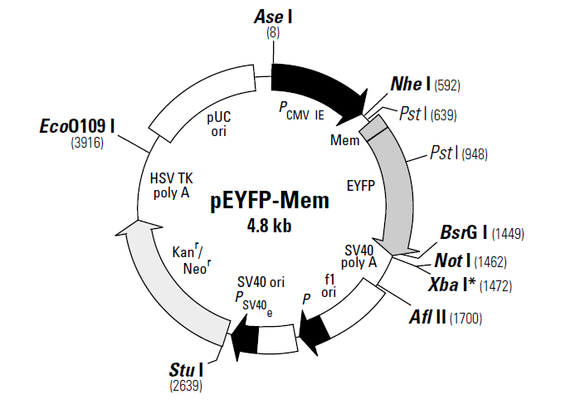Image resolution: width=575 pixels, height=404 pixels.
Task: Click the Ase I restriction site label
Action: coord(273,17)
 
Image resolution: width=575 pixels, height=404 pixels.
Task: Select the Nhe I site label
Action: coord(411,84)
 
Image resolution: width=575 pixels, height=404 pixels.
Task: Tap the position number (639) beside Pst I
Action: coord(444,115)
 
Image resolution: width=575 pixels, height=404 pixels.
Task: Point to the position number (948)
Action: coord(475,154)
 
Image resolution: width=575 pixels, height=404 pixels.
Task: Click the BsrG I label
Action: coord(464,232)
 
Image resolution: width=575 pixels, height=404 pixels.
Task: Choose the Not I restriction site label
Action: coord(452,260)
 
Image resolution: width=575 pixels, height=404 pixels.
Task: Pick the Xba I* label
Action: coord(452,285)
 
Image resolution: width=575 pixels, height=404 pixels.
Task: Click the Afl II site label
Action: coord(427,317)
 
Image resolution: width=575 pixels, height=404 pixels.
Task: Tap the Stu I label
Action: coord(186,370)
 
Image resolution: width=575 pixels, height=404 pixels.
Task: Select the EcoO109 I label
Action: coord(77,126)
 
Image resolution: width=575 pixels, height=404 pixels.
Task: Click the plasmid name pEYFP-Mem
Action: coord(270,201)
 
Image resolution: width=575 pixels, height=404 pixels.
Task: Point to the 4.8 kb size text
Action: coord(270,226)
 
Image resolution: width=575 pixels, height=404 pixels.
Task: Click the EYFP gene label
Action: coord(361,186)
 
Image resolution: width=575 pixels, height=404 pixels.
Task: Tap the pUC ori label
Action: coord(219,124)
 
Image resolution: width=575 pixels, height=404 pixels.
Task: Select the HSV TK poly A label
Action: coord(171,186)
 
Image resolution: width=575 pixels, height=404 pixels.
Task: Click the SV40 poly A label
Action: coord(359,256)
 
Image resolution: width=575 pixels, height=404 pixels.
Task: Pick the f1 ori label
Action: coord(329,286)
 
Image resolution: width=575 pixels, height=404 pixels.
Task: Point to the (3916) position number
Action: coord(87,143)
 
